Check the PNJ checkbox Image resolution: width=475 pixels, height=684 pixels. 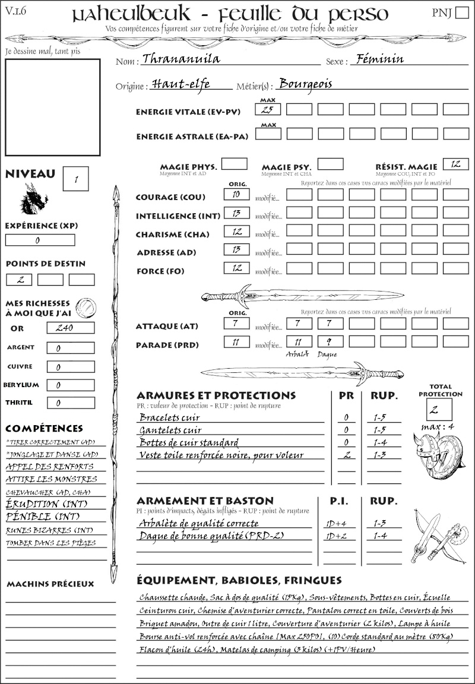461,13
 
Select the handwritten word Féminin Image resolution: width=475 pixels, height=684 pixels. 378,59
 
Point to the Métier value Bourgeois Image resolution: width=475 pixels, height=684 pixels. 306,84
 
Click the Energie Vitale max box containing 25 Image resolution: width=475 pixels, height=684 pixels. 268,109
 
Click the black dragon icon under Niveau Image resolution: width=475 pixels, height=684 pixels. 34,199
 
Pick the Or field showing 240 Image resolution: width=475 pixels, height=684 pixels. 70,328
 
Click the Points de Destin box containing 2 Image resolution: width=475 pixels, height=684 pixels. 19,280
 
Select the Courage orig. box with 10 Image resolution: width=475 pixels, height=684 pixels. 236,194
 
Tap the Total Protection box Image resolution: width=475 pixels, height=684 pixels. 439,409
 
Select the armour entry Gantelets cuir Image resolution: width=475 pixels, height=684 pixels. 170,429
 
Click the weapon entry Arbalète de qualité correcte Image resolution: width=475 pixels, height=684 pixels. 198,523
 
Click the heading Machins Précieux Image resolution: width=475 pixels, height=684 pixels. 50,584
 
